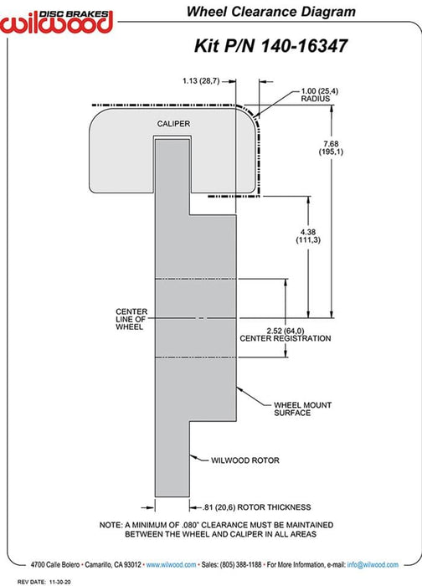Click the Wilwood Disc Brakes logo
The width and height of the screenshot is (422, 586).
coord(56,22)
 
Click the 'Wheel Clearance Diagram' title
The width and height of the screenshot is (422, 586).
coord(271,12)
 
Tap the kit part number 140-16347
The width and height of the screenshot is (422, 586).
coord(304,46)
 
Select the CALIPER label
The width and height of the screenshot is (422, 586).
coord(173,124)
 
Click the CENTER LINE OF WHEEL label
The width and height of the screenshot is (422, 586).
coord(131,319)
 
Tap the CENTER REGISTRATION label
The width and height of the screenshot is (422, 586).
coord(286,338)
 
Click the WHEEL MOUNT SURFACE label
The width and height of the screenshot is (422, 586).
coord(303,409)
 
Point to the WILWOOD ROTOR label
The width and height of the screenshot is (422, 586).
coord(245,460)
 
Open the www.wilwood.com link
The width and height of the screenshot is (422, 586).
coord(171,565)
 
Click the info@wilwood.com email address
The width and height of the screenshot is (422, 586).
coord(373,565)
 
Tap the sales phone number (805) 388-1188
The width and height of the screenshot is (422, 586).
coord(240,565)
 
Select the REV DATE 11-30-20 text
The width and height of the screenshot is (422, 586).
coord(44,582)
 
